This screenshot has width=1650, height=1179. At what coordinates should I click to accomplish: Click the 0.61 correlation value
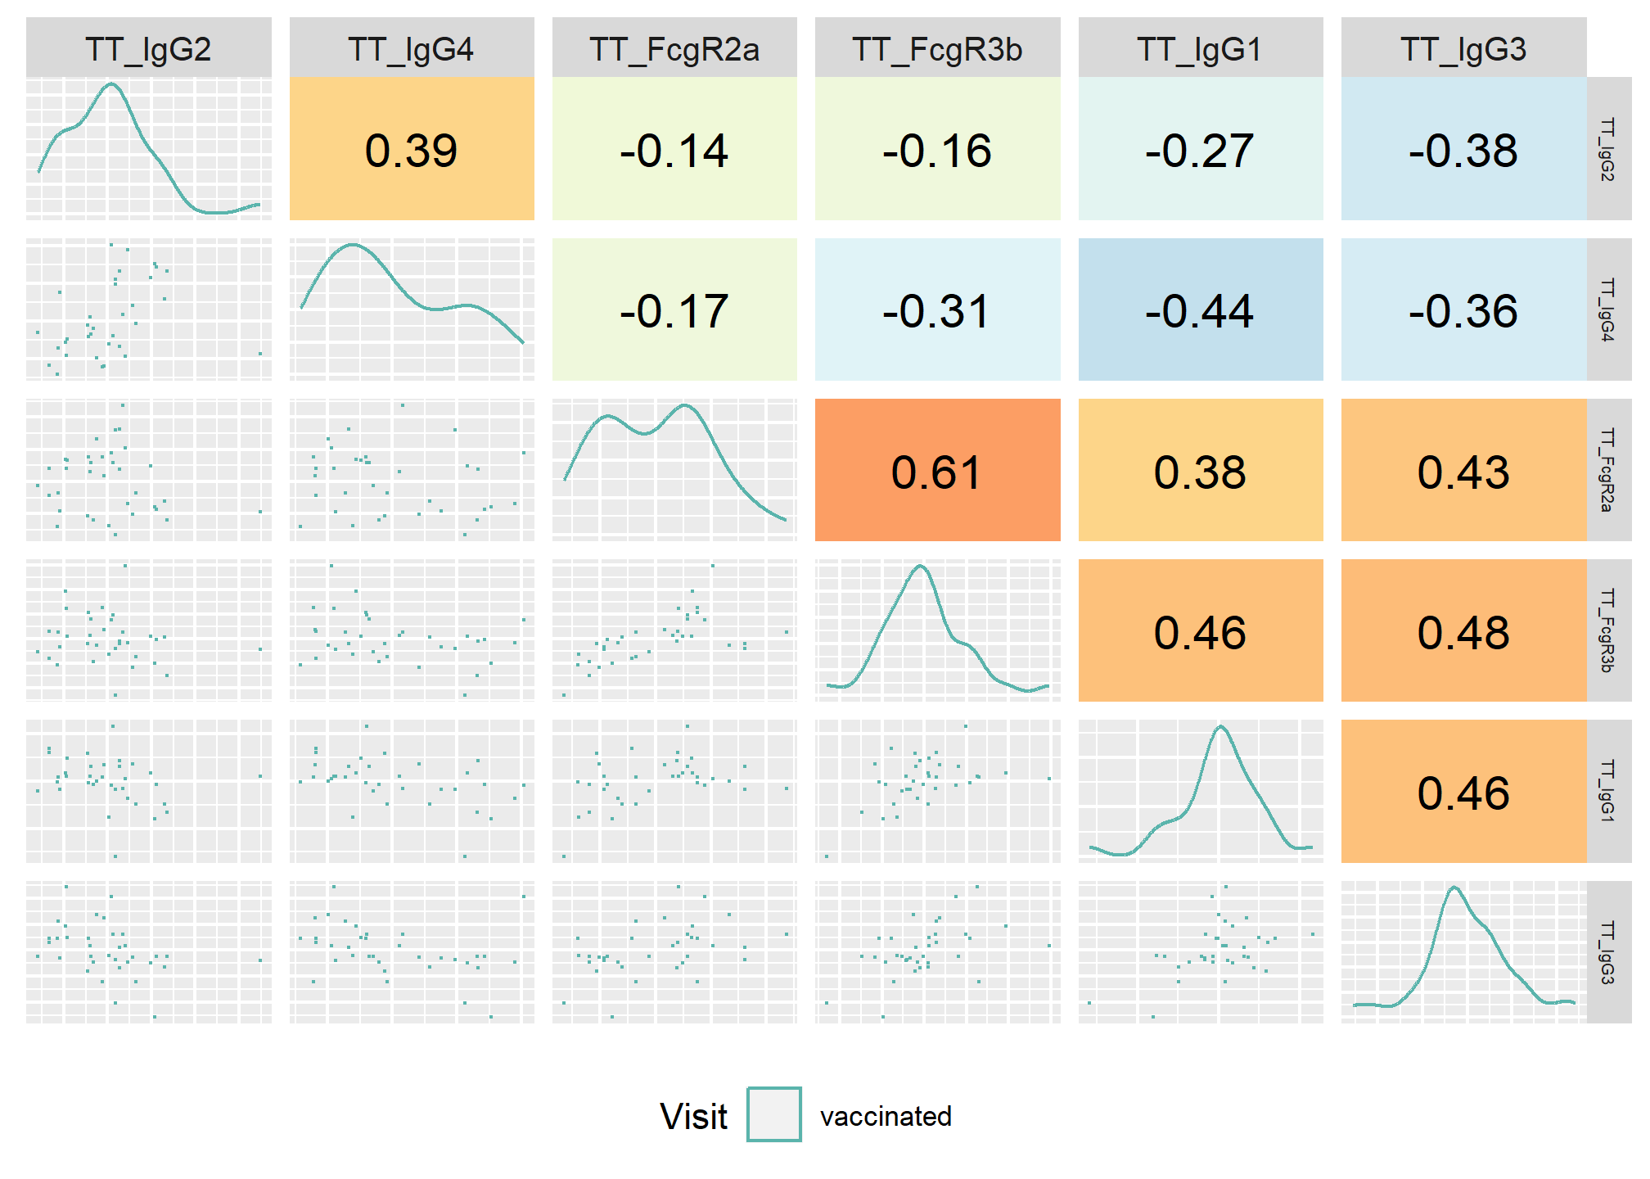pyautogui.click(x=936, y=472)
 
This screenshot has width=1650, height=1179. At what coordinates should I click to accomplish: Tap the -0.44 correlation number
pyautogui.click(x=1200, y=311)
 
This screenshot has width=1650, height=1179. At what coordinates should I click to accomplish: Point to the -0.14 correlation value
pyautogui.click(x=674, y=151)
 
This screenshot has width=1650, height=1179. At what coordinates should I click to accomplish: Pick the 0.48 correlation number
pyautogui.click(x=1463, y=633)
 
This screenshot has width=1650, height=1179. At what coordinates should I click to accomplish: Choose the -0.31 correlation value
pyautogui.click(x=936, y=311)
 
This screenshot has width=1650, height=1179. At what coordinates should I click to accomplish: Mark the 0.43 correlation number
pyautogui.click(x=1463, y=472)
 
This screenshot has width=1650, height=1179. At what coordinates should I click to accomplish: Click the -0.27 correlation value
pyautogui.click(x=1200, y=151)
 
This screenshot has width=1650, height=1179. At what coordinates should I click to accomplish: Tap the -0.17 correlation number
pyautogui.click(x=674, y=311)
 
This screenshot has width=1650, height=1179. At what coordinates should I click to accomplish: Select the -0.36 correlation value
pyautogui.click(x=1463, y=311)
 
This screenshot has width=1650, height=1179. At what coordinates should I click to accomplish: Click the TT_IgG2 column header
pyautogui.click(x=148, y=50)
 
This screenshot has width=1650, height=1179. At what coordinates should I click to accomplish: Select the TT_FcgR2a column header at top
pyautogui.click(x=674, y=50)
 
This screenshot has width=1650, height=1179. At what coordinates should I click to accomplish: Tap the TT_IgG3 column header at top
pyautogui.click(x=1463, y=50)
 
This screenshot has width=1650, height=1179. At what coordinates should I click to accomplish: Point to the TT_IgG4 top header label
pyautogui.click(x=412, y=50)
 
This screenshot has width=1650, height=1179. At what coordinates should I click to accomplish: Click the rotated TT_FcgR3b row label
pyautogui.click(x=1607, y=630)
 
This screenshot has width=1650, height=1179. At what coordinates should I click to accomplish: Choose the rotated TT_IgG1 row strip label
pyautogui.click(x=1607, y=791)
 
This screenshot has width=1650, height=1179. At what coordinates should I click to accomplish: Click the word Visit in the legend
pyautogui.click(x=694, y=1117)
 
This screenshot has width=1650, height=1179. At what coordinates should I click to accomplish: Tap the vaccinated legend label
pyautogui.click(x=886, y=1117)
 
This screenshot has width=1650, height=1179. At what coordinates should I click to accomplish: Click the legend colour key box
pyautogui.click(x=774, y=1114)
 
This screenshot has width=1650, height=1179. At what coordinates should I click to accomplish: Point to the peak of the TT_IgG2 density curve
pyautogui.click(x=112, y=84)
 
